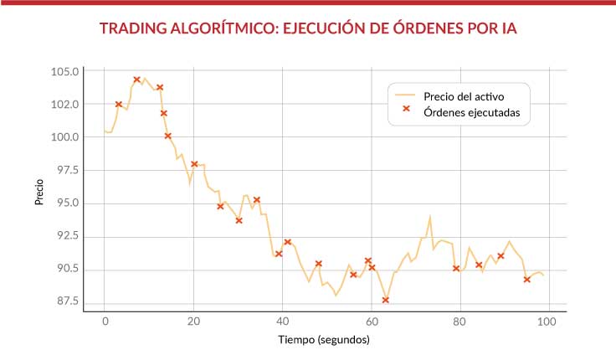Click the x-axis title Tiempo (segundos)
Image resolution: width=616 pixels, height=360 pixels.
pos(323,341)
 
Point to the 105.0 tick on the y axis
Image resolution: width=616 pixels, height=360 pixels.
pos(65,71)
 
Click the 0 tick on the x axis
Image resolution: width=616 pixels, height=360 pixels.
pos(105,321)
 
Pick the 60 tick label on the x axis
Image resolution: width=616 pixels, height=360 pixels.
pos(371,321)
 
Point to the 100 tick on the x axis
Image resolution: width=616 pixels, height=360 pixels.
pos(547,321)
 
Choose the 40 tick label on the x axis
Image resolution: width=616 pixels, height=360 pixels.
pos(282,321)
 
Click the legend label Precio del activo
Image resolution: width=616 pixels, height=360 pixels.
pos(464,95)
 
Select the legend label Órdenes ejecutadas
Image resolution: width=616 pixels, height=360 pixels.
pos(472,111)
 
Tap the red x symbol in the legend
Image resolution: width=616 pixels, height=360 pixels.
pos(406,110)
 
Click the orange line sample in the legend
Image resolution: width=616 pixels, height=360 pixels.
pos(406,95)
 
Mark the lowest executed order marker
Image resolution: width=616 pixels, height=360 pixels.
pos(386,300)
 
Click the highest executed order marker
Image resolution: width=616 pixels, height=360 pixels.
pos(136,80)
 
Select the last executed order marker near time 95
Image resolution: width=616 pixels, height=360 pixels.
pos(526,280)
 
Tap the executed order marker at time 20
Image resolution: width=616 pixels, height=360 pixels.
pos(194,164)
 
